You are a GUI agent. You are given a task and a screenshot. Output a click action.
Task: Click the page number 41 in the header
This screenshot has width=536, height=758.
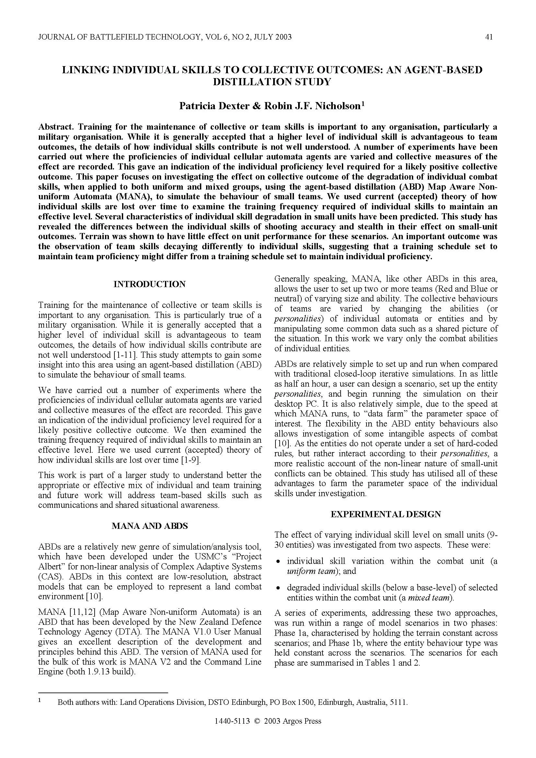pos(489,37)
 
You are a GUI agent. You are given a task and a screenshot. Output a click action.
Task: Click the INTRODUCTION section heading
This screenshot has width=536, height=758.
pos(149,284)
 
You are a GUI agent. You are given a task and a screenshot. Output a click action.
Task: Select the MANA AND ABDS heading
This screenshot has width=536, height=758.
pos(149,526)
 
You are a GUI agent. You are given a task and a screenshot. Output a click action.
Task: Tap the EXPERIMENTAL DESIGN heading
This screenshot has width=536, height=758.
pos(386,514)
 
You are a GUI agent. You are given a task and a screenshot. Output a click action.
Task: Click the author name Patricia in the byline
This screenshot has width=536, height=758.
pos(197,106)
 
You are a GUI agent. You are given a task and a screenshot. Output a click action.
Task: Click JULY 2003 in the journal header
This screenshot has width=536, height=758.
pos(272,37)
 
